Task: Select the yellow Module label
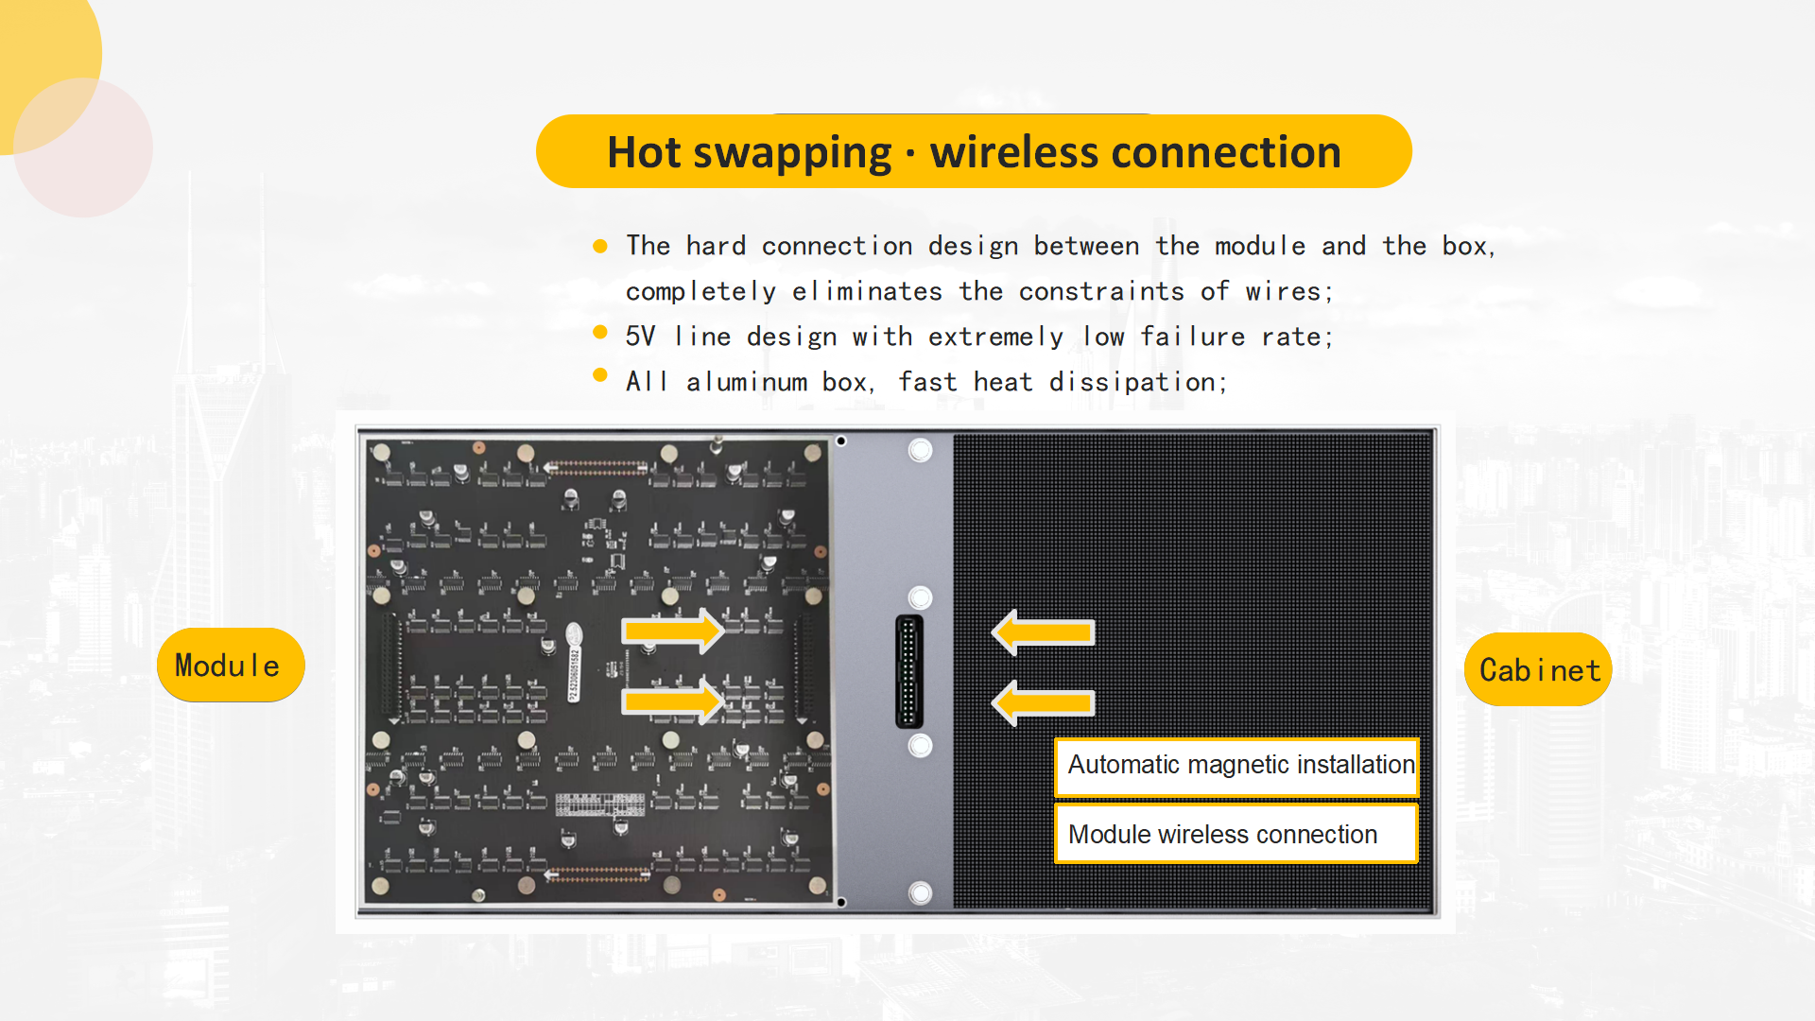pyautogui.click(x=231, y=665)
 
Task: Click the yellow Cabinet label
pyautogui.click(x=1538, y=669)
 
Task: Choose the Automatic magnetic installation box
pyautogui.click(x=1236, y=765)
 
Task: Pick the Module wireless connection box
pyautogui.click(x=1236, y=834)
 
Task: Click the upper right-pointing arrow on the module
pyautogui.click(x=673, y=631)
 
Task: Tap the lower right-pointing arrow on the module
pyautogui.click(x=673, y=701)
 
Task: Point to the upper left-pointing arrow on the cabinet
pyautogui.click(x=1043, y=632)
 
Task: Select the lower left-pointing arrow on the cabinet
pyautogui.click(x=1043, y=703)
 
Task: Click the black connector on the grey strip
pyautogui.click(x=909, y=671)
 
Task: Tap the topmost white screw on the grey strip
pyautogui.click(x=920, y=450)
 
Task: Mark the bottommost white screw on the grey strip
pyautogui.click(x=920, y=892)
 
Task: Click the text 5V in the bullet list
pyautogui.click(x=640, y=337)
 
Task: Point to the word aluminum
pyautogui.click(x=747, y=382)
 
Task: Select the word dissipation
pyautogui.click(x=1138, y=382)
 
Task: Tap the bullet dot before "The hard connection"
pyautogui.click(x=600, y=246)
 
